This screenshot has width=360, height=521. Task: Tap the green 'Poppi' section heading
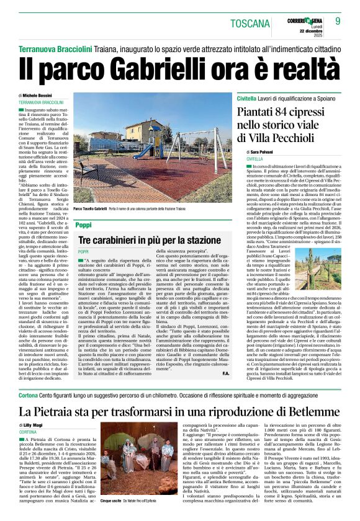point(83,224)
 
